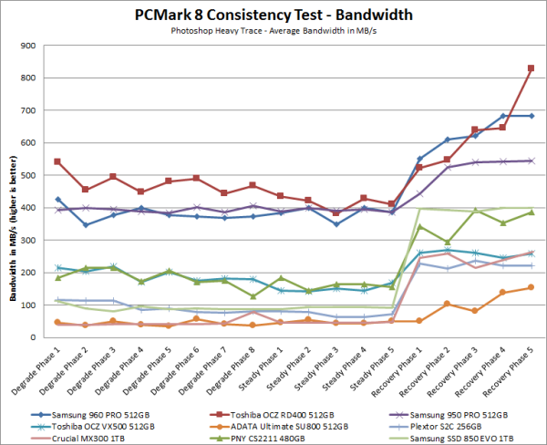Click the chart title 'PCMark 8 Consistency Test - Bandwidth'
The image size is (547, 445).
point(273,16)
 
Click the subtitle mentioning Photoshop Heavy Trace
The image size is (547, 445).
point(273,30)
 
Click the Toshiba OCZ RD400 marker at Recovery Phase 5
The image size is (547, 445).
point(531,68)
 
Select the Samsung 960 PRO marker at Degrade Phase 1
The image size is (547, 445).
point(58,200)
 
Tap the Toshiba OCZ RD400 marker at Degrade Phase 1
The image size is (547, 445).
point(58,161)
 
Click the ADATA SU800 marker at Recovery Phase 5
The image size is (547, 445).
point(531,287)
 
